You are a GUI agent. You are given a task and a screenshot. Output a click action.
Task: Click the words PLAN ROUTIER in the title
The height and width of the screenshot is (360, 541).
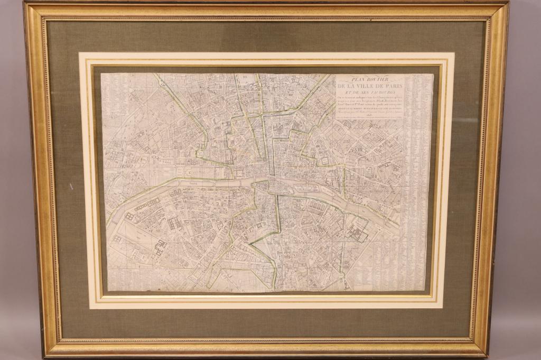(369, 79)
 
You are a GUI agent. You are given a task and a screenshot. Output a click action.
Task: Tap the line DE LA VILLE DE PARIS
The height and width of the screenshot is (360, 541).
(370, 87)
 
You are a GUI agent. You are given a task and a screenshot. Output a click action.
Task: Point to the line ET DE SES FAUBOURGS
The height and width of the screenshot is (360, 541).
(369, 93)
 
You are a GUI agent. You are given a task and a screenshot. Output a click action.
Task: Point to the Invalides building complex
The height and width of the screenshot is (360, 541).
(175, 222)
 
